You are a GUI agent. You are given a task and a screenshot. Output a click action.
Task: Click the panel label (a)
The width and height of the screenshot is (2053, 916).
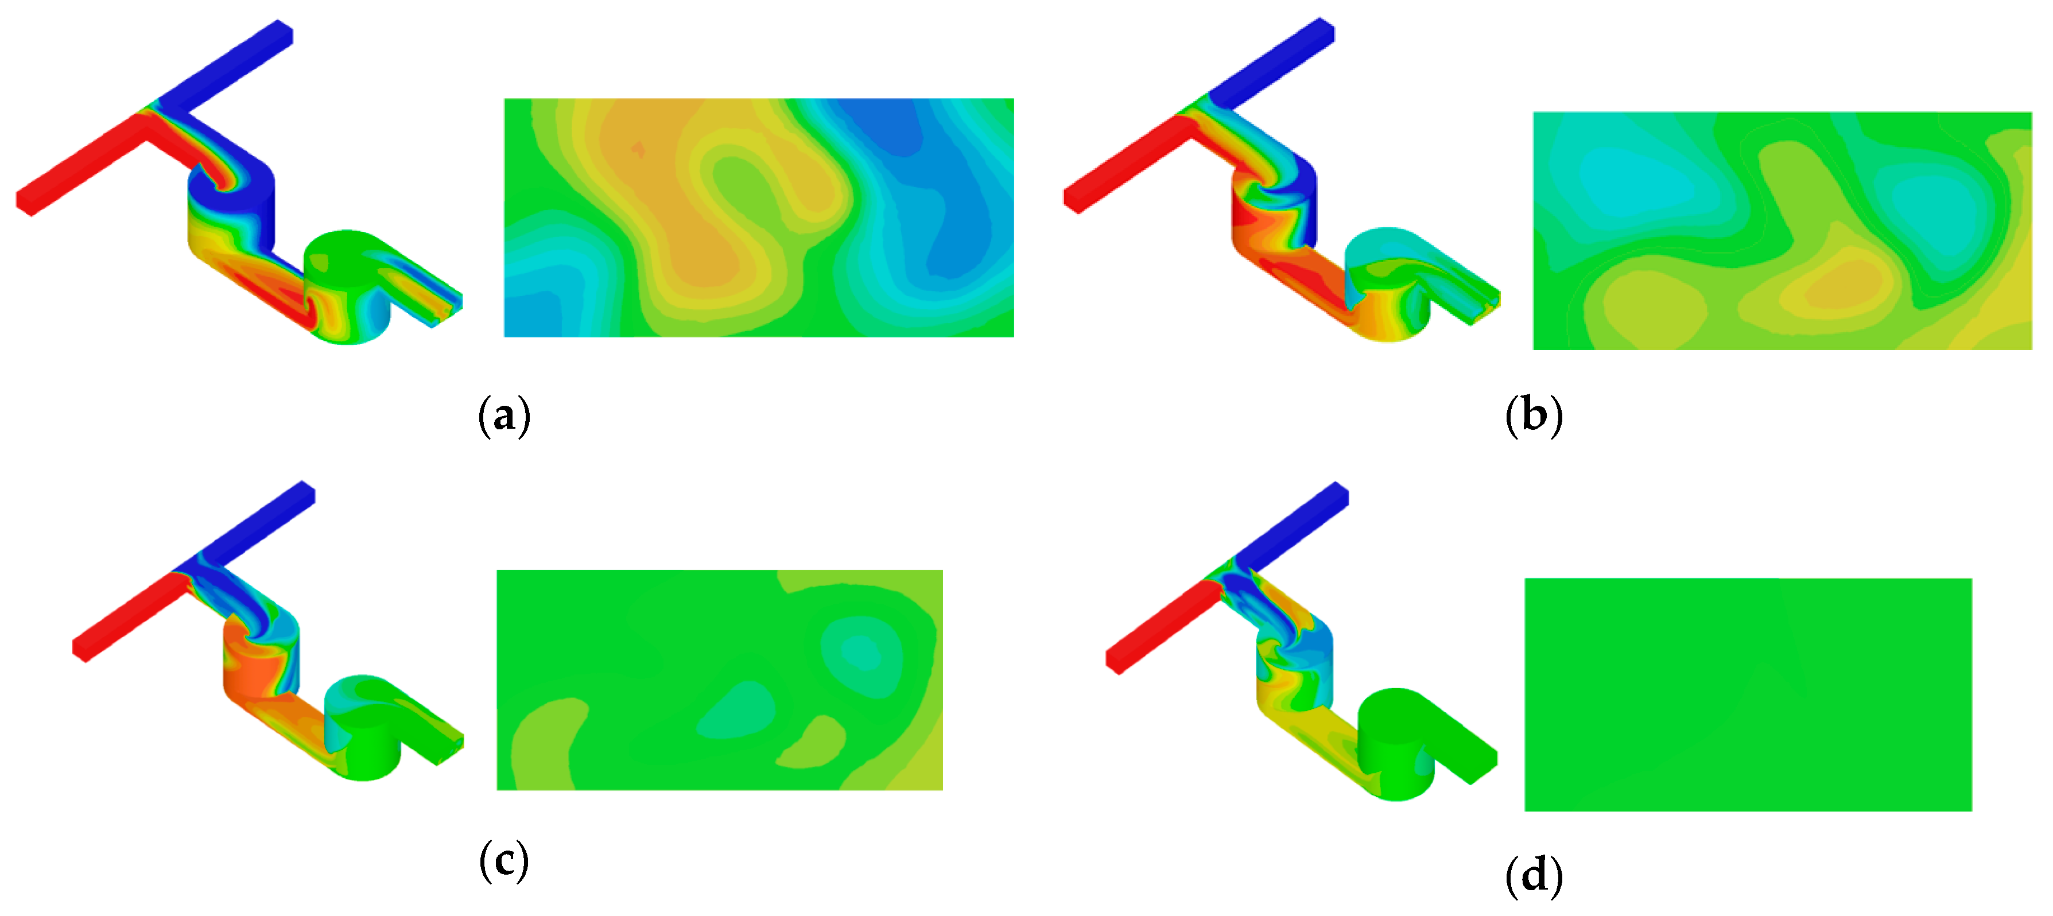pyautogui.click(x=504, y=416)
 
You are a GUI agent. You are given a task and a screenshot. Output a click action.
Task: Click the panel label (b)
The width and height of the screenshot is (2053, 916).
pyautogui.click(x=1534, y=416)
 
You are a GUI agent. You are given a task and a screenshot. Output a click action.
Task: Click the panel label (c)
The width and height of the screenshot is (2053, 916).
pyautogui.click(x=504, y=861)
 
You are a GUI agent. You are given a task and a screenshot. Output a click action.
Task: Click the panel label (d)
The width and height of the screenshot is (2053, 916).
pyautogui.click(x=1534, y=876)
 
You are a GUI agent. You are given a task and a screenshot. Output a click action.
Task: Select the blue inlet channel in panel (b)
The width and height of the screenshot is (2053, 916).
pyautogui.click(x=1275, y=64)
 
